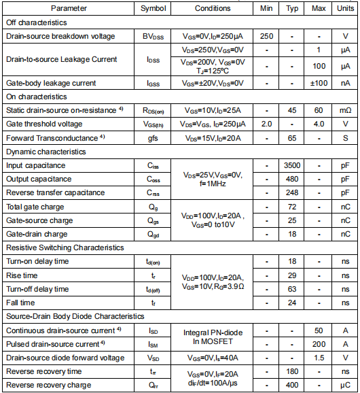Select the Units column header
pos(345,8)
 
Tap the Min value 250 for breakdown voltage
pos(266,36)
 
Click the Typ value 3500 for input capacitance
pos(293,165)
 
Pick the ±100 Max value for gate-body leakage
pos(319,83)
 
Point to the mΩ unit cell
pos(345,110)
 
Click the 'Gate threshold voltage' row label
pos(44,124)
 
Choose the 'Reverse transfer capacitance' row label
pos(56,192)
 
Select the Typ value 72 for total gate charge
pos(293,207)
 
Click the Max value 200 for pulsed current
pos(319,344)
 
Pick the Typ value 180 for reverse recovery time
pos(293,371)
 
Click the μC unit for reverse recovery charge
pos(345,385)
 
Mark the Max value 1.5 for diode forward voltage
pos(319,358)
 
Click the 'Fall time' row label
pos(21,303)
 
